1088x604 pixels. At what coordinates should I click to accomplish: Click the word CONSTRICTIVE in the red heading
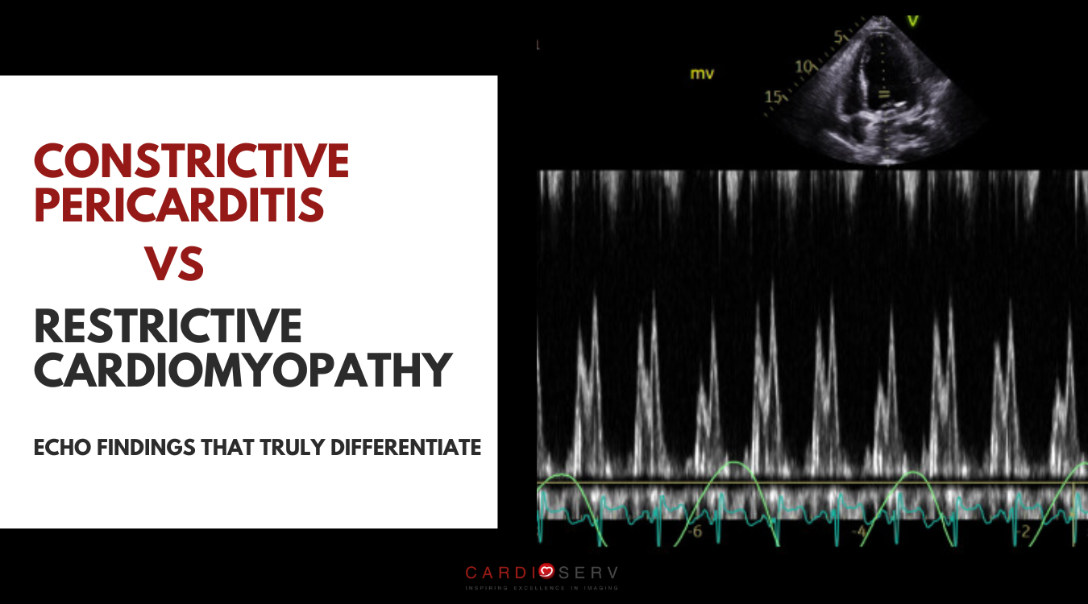[192, 160]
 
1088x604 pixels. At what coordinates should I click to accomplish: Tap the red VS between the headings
[174, 263]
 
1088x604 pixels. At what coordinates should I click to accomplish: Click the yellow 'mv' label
[701, 74]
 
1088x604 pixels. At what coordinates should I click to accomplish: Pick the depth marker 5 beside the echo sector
[838, 37]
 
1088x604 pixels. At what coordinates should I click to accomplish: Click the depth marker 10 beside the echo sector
[804, 67]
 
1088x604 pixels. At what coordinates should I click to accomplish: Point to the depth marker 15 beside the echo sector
[773, 97]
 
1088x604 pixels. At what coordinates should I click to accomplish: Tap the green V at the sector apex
[913, 20]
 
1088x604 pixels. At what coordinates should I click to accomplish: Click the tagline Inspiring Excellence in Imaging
[542, 589]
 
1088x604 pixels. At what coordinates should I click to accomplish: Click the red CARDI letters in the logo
[500, 573]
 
